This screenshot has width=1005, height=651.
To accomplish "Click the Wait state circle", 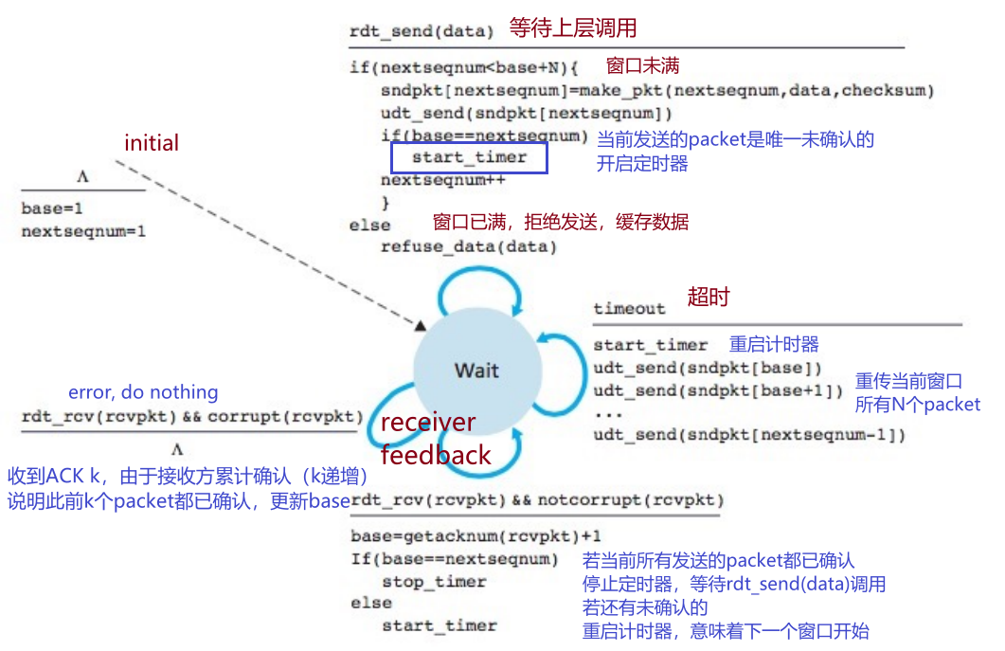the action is [x=476, y=370].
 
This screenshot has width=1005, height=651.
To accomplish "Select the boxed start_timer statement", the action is [x=469, y=157].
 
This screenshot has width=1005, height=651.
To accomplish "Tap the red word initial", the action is [x=152, y=143].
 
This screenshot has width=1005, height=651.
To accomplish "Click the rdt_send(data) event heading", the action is [x=422, y=30].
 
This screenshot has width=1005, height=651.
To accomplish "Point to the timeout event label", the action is [x=630, y=308].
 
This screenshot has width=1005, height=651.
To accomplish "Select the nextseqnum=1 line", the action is [x=84, y=231].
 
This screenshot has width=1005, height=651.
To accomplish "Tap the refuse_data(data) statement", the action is [x=469, y=247].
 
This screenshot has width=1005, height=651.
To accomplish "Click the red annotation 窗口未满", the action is [x=643, y=66].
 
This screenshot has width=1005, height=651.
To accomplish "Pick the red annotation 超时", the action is [x=709, y=297].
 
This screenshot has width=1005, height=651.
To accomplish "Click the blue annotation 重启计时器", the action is [x=774, y=344].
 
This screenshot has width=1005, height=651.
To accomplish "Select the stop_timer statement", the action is [x=434, y=581].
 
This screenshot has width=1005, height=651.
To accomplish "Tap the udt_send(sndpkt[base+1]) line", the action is [x=718, y=390].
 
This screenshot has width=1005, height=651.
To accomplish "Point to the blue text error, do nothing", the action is [x=143, y=392].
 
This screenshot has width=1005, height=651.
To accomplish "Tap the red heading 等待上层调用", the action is [x=573, y=27].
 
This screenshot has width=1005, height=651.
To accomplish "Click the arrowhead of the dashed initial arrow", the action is [x=420, y=325].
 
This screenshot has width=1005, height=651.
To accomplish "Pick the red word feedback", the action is [x=436, y=455].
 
